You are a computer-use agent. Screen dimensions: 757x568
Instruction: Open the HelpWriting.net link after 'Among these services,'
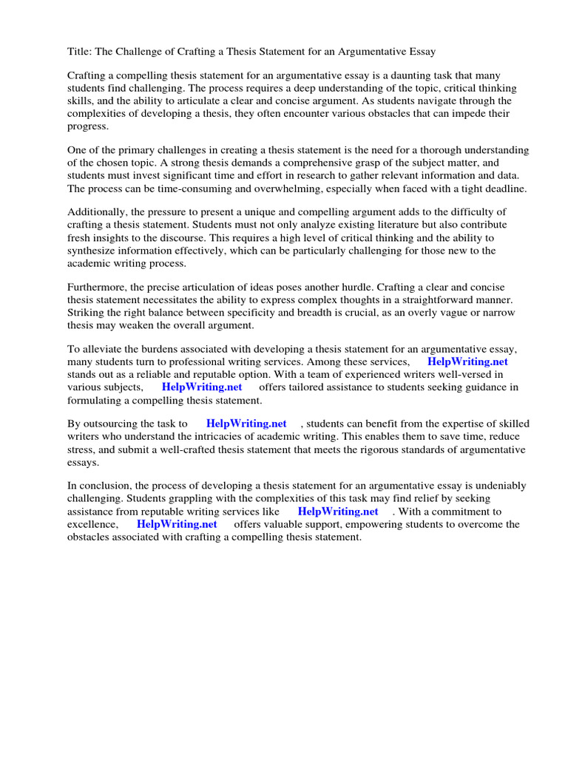point(467,362)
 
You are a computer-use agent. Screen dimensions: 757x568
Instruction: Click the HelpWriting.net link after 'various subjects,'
point(202,387)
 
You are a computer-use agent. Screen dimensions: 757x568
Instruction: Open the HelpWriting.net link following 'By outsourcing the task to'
point(246,424)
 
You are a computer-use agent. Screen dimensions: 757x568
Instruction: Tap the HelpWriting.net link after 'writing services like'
point(338,512)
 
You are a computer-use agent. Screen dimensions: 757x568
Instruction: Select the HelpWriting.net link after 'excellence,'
point(177,524)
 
